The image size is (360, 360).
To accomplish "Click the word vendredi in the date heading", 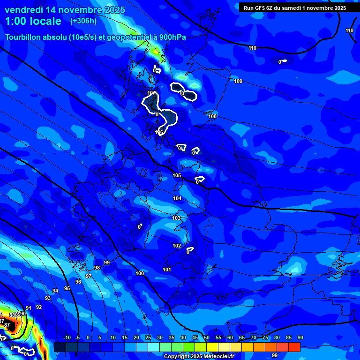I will pos(24,10).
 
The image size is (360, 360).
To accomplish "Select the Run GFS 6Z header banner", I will pos(294,8).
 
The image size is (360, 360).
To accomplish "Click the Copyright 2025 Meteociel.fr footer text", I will pos(199,356).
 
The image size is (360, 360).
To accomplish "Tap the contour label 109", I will pos(238,82).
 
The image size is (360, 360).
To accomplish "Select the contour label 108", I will pos(212,116).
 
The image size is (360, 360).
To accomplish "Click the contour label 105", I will pos(177,175).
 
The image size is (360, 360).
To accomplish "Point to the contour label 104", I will pos(177,199).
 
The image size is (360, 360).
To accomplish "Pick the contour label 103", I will pos(176,218).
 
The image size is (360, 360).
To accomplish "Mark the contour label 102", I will pos(177,246).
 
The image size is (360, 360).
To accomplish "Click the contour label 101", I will pos(167,270).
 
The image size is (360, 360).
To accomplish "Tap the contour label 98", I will pos(97,268).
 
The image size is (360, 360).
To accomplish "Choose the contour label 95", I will pos(67,288).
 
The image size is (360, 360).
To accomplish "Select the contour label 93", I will pos(48,298).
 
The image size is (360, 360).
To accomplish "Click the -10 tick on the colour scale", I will pos(67,338).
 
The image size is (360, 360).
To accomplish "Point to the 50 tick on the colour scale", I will pos(207,338).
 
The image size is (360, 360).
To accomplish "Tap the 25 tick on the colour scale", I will pos(148,338).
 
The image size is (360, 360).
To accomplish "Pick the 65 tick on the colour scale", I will pos(242,338).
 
